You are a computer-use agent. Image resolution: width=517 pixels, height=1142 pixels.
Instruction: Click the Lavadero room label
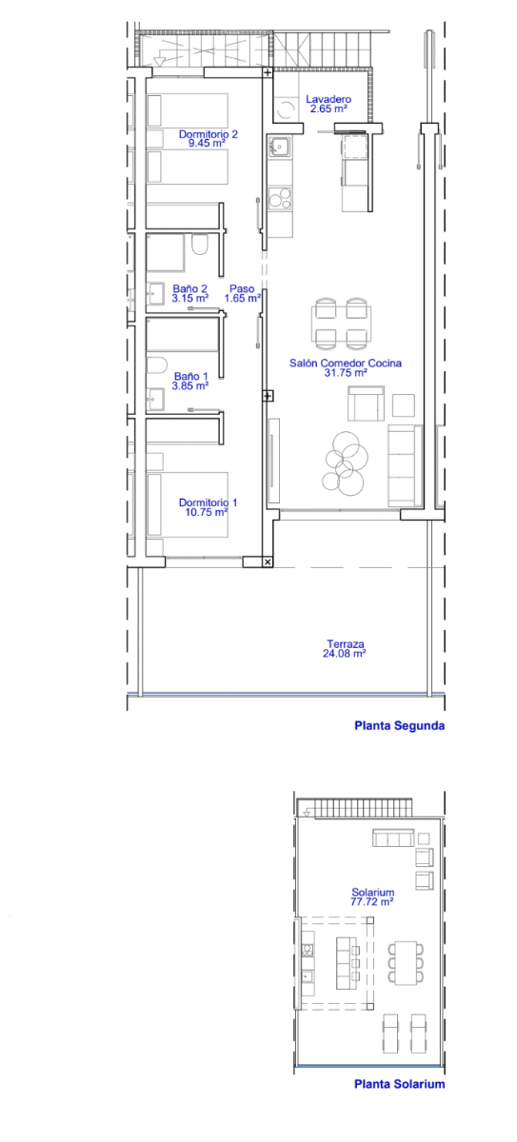pyautogui.click(x=328, y=99)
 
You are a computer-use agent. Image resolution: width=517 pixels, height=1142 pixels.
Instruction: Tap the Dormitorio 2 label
pyautogui.click(x=208, y=134)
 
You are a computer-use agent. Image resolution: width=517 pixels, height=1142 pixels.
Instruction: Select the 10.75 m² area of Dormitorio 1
pyautogui.click(x=206, y=512)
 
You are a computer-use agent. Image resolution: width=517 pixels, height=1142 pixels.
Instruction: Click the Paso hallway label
pyautogui.click(x=242, y=288)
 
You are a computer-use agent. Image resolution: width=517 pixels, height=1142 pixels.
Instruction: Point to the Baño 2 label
pyautogui.click(x=189, y=288)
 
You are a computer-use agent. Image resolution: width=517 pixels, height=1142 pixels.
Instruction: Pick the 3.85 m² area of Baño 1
pyautogui.click(x=190, y=386)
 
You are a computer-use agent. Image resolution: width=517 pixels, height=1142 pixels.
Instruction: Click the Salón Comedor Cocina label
pyautogui.click(x=346, y=363)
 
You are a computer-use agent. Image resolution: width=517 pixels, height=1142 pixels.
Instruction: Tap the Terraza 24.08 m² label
pyautogui.click(x=345, y=648)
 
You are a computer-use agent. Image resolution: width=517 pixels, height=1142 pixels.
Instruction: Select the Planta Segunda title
pyautogui.click(x=399, y=725)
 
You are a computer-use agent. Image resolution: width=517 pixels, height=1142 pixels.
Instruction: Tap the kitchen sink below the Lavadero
pyautogui.click(x=279, y=147)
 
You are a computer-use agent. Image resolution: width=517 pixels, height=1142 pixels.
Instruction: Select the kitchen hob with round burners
pyautogui.click(x=280, y=198)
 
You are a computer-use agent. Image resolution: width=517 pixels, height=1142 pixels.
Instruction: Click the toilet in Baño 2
pyautogui.click(x=200, y=245)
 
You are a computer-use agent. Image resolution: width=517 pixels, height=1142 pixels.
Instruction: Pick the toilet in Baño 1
pyautogui.click(x=157, y=365)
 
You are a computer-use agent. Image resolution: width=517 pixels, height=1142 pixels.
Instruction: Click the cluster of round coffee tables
pyautogui.click(x=346, y=463)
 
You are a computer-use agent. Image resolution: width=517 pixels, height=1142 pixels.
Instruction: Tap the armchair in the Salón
pyautogui.click(x=366, y=404)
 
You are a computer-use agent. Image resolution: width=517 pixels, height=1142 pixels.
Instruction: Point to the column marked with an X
pyautogui.click(x=268, y=561)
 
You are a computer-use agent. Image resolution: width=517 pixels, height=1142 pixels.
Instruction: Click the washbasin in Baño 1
pyautogui.click(x=155, y=400)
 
